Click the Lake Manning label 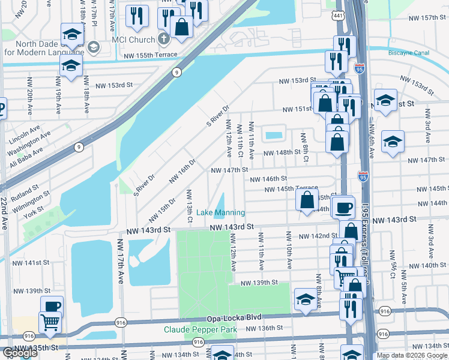pos(220,212)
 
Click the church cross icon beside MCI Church pos(164,40)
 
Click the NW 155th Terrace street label pos(151,55)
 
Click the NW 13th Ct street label pos(190,207)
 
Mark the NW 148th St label pos(283,152)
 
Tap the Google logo pos(20,353)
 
